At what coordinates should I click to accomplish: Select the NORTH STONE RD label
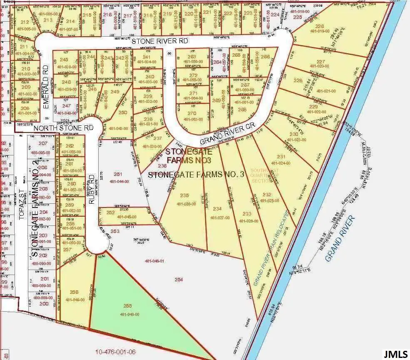coord(63,128)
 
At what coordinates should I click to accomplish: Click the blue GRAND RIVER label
coord(340,238)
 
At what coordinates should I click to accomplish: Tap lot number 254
coord(179,280)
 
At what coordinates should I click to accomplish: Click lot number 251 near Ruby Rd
coord(118,175)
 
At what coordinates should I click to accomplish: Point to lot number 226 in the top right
coord(319,26)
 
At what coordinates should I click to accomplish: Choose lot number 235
coord(185,195)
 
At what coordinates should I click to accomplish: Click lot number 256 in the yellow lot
coord(74,292)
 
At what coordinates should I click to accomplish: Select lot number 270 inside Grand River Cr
coord(191,113)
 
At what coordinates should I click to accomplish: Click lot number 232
coord(267,195)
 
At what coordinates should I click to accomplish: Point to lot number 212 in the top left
coord(25,22)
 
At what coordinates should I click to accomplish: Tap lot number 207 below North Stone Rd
coord(43,143)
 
